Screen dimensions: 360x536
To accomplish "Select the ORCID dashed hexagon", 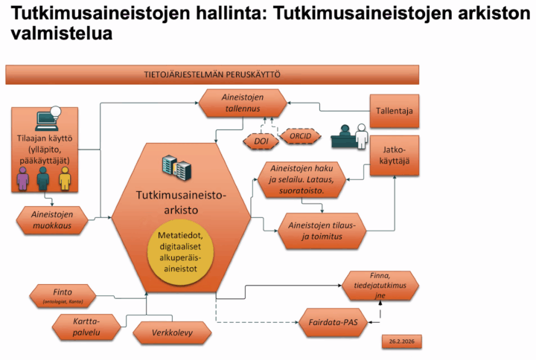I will click(300, 137).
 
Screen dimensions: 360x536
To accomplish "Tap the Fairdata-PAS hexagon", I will click(339, 322).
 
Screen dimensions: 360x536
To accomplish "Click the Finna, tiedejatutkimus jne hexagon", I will click(380, 285).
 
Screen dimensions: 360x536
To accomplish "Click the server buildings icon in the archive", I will click(176, 167).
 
